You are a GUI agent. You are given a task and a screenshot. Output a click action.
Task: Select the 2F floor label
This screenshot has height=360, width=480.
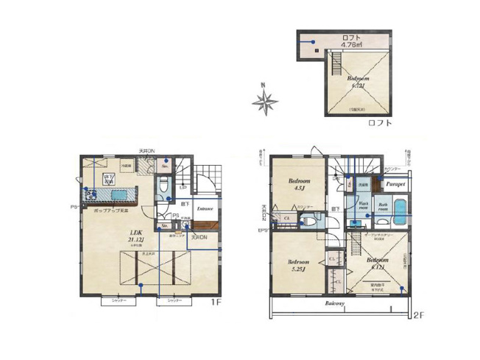coord(418,315)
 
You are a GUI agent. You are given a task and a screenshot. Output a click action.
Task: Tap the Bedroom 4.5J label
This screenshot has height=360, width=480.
coord(299,185)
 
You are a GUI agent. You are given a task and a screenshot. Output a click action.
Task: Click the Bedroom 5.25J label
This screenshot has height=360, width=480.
coord(298,265)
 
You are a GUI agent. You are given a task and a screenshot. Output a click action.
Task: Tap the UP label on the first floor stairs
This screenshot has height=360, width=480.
coord(183,188)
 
